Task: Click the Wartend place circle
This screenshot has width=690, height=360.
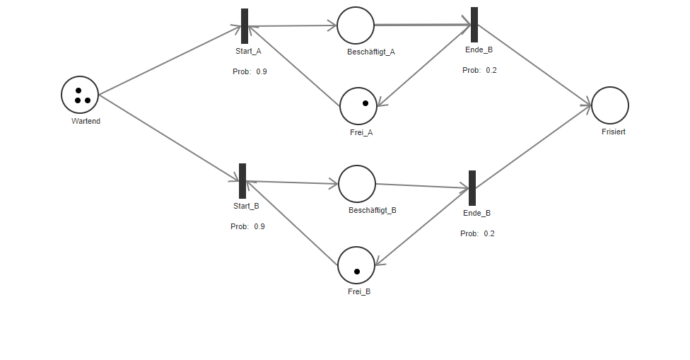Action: [79, 95]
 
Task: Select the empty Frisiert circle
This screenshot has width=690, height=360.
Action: [609, 105]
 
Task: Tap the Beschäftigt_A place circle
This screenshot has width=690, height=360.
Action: [355, 25]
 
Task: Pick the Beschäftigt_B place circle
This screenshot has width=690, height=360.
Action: [356, 184]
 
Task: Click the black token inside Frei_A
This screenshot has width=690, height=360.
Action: [366, 103]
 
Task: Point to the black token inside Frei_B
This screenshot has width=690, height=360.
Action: [357, 272]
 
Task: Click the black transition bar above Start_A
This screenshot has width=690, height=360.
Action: [245, 26]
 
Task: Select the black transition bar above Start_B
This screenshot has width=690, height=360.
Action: [242, 181]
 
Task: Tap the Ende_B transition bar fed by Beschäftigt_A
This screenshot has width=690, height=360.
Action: [474, 25]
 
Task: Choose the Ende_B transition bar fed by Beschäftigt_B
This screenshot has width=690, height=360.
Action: [472, 188]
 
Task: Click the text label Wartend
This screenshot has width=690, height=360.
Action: [86, 121]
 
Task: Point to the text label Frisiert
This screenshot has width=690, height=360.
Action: [613, 132]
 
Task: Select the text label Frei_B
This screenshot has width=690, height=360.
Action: [359, 291]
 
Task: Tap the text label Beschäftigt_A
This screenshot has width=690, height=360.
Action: [370, 52]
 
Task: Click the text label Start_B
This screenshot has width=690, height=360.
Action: [246, 206]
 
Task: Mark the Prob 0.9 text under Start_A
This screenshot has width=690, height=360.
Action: [250, 71]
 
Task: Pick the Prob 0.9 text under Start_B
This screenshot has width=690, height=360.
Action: [247, 226]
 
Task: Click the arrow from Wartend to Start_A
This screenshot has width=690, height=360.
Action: [170, 61]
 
